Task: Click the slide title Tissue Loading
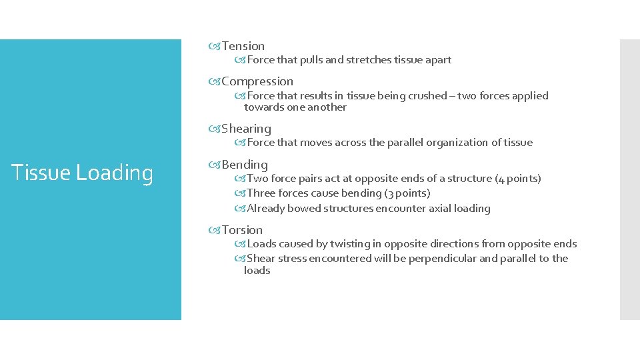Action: pyautogui.click(x=83, y=173)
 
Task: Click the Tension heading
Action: pyautogui.click(x=243, y=46)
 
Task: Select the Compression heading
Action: pyautogui.click(x=257, y=81)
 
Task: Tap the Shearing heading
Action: pyautogui.click(x=246, y=129)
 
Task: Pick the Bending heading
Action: pyautogui.click(x=244, y=165)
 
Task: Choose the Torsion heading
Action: pyautogui.click(x=242, y=230)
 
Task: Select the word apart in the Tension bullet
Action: pyautogui.click(x=437, y=60)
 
